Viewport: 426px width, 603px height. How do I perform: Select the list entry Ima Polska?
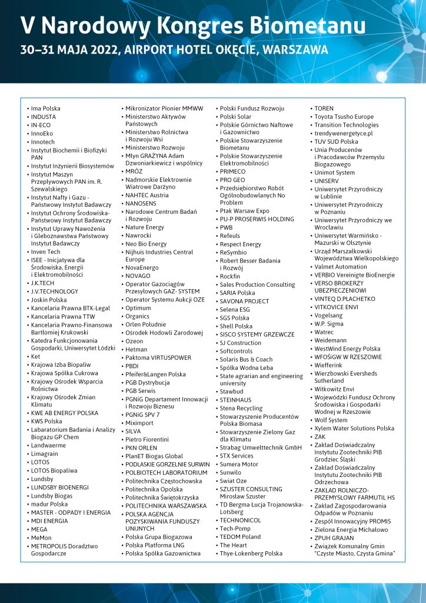click(x=45, y=108)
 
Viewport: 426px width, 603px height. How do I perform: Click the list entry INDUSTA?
click(x=44, y=117)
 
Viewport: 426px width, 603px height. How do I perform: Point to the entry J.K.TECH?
click(x=42, y=283)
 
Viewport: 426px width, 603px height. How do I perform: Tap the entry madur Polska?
click(x=49, y=504)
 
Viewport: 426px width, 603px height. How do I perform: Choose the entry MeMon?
click(x=41, y=538)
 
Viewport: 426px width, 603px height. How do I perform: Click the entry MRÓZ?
click(x=134, y=171)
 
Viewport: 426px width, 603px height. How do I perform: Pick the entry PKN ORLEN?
click(x=141, y=448)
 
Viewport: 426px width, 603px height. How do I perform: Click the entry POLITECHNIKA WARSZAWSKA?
click(x=166, y=505)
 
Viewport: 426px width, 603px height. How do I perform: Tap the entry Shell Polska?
click(x=236, y=326)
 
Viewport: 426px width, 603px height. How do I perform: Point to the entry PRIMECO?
click(x=232, y=171)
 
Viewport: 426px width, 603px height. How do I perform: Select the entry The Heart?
click(x=234, y=545)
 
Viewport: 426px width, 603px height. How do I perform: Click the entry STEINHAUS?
click(x=236, y=399)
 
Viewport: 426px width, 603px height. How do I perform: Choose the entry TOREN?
click(x=324, y=108)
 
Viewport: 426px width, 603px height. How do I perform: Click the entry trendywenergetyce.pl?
click(x=344, y=133)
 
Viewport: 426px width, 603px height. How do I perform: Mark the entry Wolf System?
click(x=331, y=420)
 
